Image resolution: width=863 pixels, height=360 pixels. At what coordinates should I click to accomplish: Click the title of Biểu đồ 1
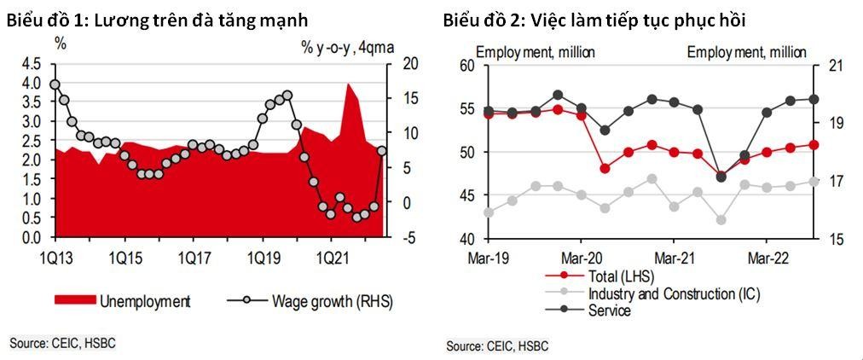(x=158, y=20)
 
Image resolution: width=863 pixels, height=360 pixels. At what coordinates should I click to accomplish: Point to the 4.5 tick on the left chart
(x=32, y=64)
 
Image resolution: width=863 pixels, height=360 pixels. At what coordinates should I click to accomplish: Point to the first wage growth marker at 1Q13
(x=55, y=84)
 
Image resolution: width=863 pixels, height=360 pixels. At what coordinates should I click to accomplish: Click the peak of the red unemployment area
(x=348, y=84)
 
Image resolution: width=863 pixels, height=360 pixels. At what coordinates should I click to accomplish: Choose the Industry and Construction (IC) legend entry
(x=674, y=293)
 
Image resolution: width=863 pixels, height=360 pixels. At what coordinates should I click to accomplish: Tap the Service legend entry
(x=609, y=311)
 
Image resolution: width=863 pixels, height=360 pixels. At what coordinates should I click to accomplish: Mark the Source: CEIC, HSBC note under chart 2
(x=497, y=345)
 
